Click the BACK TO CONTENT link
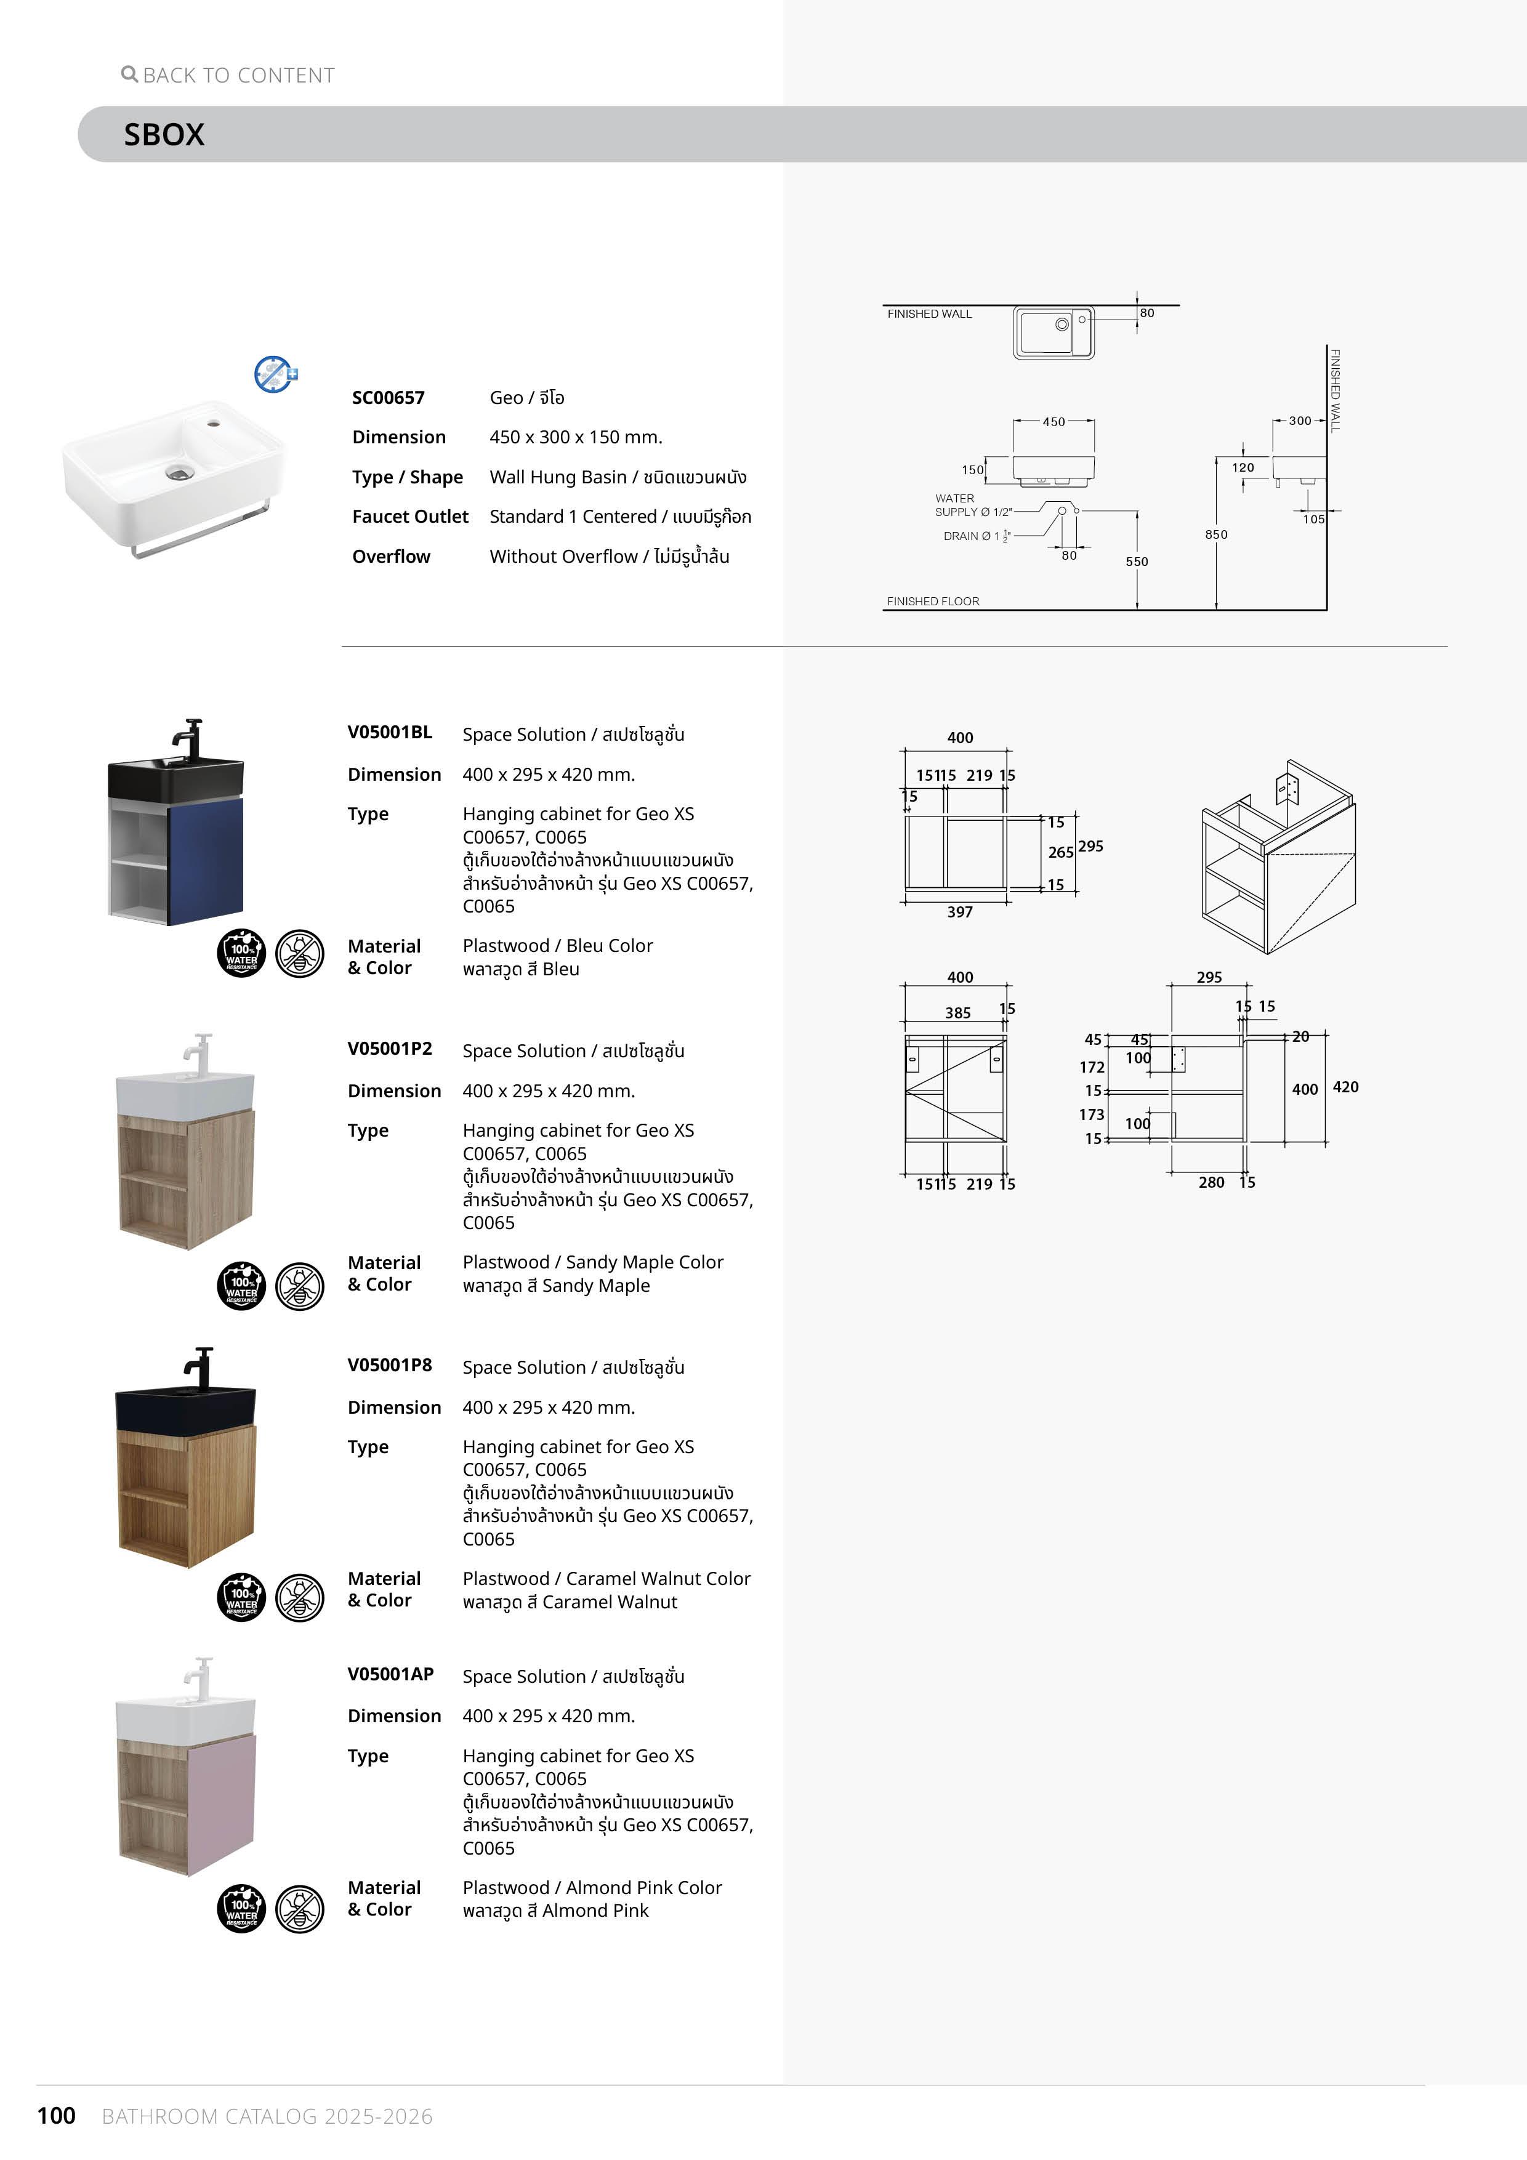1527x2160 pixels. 228,75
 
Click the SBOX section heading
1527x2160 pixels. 164,134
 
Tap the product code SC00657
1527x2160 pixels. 388,398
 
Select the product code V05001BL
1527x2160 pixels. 390,732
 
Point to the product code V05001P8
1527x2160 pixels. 390,1365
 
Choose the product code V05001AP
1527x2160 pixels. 390,1674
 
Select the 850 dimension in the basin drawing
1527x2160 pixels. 1215,534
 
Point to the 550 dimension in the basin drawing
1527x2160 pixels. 1137,562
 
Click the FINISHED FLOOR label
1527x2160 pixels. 932,601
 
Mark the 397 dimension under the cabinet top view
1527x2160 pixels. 960,912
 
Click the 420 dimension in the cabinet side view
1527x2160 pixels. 1345,1087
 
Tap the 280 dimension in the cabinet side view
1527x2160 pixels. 1211,1183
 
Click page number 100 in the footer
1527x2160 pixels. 57,2116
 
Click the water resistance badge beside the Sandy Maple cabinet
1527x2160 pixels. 242,1286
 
